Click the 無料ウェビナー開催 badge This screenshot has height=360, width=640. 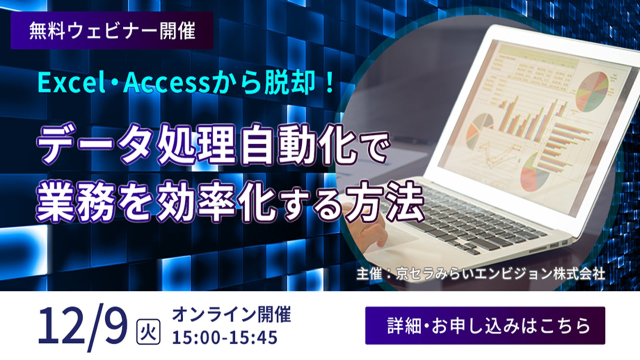click(x=112, y=30)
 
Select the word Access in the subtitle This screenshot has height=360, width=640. click(x=166, y=84)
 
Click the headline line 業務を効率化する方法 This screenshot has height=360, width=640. click(x=230, y=202)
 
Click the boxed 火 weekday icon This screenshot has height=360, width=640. click(x=148, y=332)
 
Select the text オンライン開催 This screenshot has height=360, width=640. click(x=231, y=315)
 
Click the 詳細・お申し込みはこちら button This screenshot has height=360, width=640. click(x=485, y=326)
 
